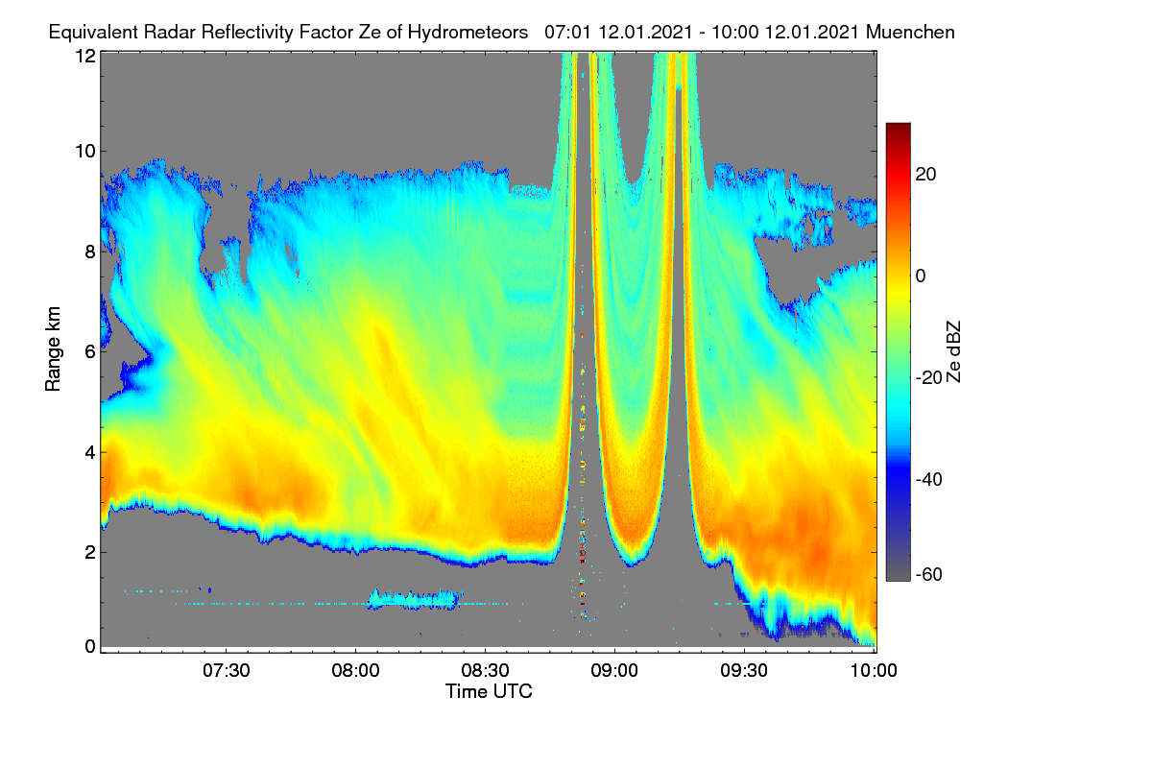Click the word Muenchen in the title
click(910, 32)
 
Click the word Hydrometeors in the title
click(468, 33)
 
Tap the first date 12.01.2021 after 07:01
click(645, 32)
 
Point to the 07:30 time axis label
click(226, 670)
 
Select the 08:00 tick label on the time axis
click(355, 670)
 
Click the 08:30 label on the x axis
click(485, 670)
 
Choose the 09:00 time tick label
click(614, 670)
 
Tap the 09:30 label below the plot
click(744, 670)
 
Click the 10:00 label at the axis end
click(874, 670)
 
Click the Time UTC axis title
click(489, 691)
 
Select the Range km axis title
click(53, 348)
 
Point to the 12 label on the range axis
click(85, 56)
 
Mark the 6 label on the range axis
click(90, 351)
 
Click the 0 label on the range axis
click(90, 646)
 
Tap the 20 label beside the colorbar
click(925, 175)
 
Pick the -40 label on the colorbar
click(929, 479)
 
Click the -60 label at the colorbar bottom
click(929, 575)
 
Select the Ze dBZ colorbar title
click(953, 352)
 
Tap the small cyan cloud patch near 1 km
click(413, 599)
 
